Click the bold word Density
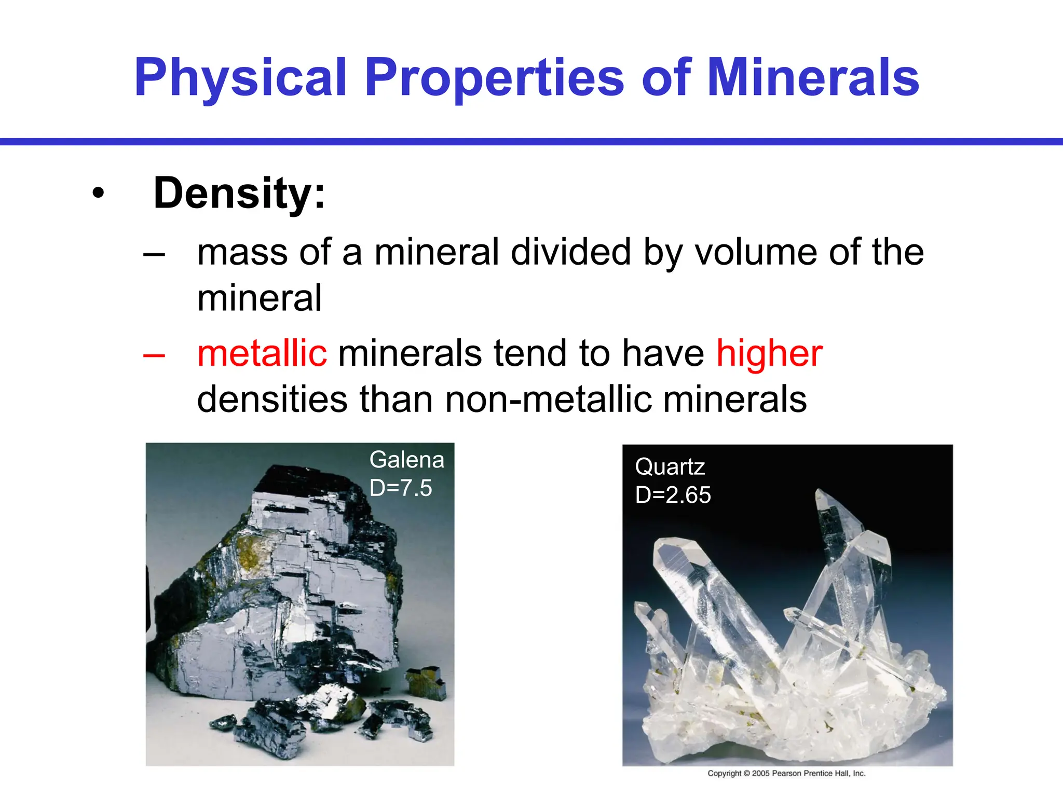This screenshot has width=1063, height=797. click(x=239, y=193)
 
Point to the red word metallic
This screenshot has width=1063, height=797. click(x=262, y=353)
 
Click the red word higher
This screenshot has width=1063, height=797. click(x=769, y=353)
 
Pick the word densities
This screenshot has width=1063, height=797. click(x=272, y=399)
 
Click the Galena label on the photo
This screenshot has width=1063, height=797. click(x=407, y=460)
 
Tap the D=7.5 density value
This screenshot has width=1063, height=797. click(x=401, y=488)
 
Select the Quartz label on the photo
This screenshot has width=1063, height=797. click(x=670, y=467)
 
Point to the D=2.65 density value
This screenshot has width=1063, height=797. click(x=673, y=495)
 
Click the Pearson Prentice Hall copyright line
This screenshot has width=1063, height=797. click(x=786, y=773)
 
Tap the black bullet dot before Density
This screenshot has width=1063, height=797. click(x=98, y=194)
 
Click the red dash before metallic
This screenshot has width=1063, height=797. click(x=154, y=356)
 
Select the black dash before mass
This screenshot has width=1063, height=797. click(x=154, y=255)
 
